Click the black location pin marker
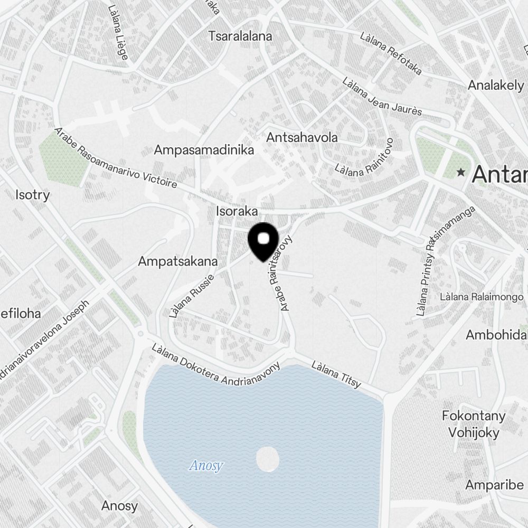point(263,241)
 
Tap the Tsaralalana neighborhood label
point(240,36)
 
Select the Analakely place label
point(496,85)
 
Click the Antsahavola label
point(302,137)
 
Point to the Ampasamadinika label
point(204,150)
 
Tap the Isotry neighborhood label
point(33,195)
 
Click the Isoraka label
point(237,211)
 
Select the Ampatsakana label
point(177,261)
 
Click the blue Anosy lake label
point(206,466)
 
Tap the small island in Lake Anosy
point(267,459)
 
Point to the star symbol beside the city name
point(461,172)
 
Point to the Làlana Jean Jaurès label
point(382,97)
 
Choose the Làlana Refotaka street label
point(391,53)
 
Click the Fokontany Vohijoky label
point(474,424)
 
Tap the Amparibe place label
point(494,485)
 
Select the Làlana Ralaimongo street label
point(482,297)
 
